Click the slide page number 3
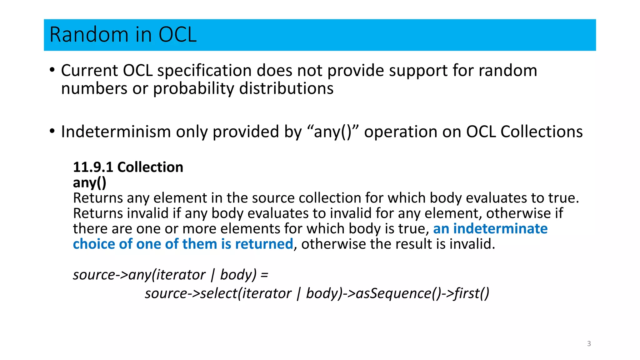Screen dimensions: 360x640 [589, 344]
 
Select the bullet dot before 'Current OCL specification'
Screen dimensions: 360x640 [52, 70]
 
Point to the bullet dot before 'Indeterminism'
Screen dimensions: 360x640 [52, 131]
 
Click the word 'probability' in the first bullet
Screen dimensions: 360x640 [193, 88]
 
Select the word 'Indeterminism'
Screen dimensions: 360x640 [116, 132]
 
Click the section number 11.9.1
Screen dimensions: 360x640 [93, 167]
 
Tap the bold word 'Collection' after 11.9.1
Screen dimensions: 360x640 [150, 167]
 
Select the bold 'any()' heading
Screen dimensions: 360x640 [89, 182]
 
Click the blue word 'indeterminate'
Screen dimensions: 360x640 [500, 228]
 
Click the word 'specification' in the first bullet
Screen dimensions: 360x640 [204, 71]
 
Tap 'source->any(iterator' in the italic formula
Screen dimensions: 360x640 [139, 275]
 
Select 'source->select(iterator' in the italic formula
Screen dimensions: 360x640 [218, 293]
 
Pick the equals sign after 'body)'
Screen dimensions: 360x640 [264, 275]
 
